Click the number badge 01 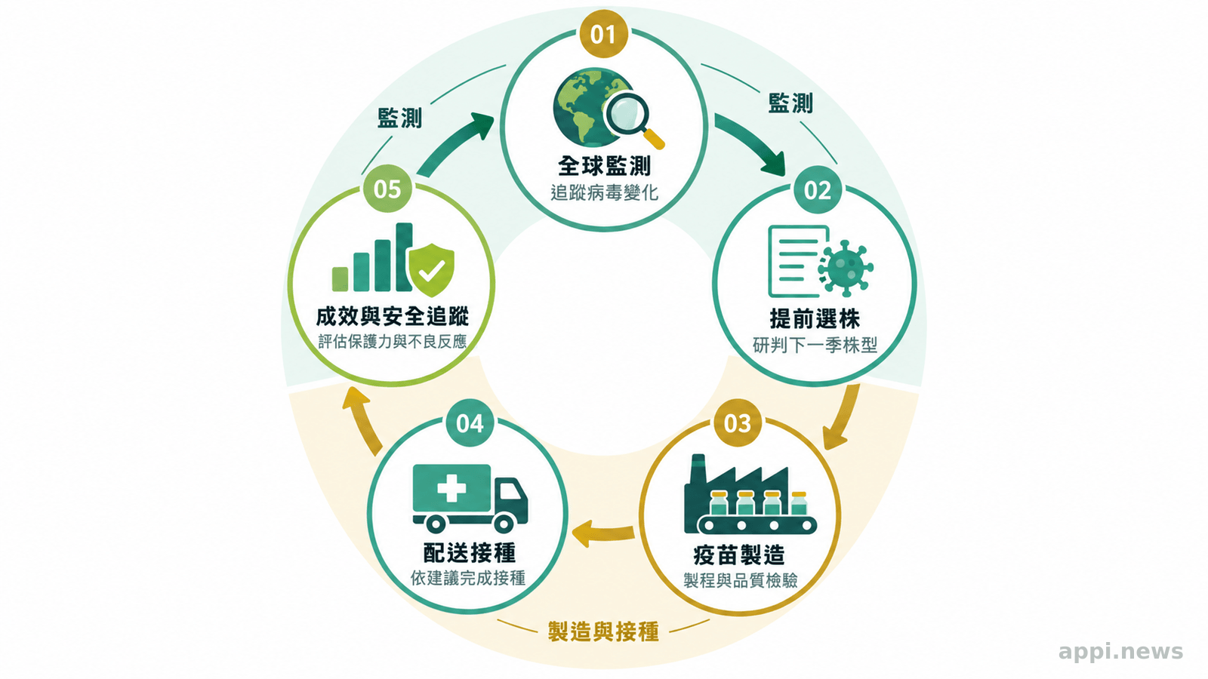pyautogui.click(x=603, y=34)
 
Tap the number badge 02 pyautogui.click(x=818, y=189)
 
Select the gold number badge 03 pyautogui.click(x=738, y=423)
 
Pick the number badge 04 pyautogui.click(x=470, y=423)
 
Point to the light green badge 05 pyautogui.click(x=387, y=189)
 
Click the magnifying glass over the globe pyautogui.click(x=632, y=119)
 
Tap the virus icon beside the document pyautogui.click(x=846, y=268)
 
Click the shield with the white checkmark pyautogui.click(x=431, y=269)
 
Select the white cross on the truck pyautogui.click(x=451, y=489)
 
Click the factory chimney pyautogui.click(x=698, y=469)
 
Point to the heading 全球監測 pyautogui.click(x=604, y=165)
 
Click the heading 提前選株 pyautogui.click(x=815, y=318)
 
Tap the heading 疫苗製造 pyautogui.click(x=739, y=555)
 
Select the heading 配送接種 pyautogui.click(x=470, y=552)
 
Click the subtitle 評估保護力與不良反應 pyautogui.click(x=392, y=342)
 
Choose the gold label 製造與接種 pyautogui.click(x=603, y=631)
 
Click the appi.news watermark pyautogui.click(x=1120, y=652)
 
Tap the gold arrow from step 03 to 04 pyautogui.click(x=602, y=533)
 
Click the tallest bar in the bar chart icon pyautogui.click(x=404, y=257)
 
